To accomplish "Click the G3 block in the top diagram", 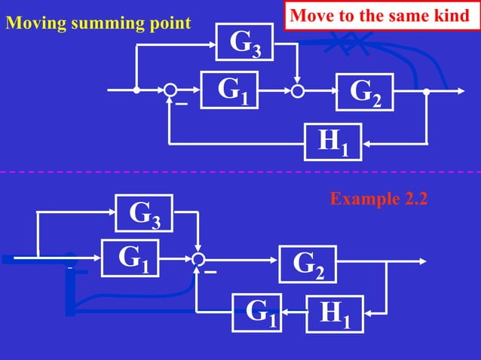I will pos(244,43).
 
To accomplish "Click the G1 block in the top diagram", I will pos(229,90).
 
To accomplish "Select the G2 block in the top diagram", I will pos(364,92).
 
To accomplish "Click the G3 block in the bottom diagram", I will pos(143,213).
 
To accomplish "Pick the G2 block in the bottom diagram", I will pos(307,264).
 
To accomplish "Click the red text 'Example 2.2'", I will pos(378,199).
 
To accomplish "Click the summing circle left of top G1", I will pos(170,90).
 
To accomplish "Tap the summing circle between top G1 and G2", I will pos(299,90).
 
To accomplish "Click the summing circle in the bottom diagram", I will pos(198,259).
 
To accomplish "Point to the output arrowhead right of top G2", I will pos(459,90).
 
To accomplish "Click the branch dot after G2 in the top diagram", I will pos(427,90).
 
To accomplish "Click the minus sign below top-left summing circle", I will pos(181,105).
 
